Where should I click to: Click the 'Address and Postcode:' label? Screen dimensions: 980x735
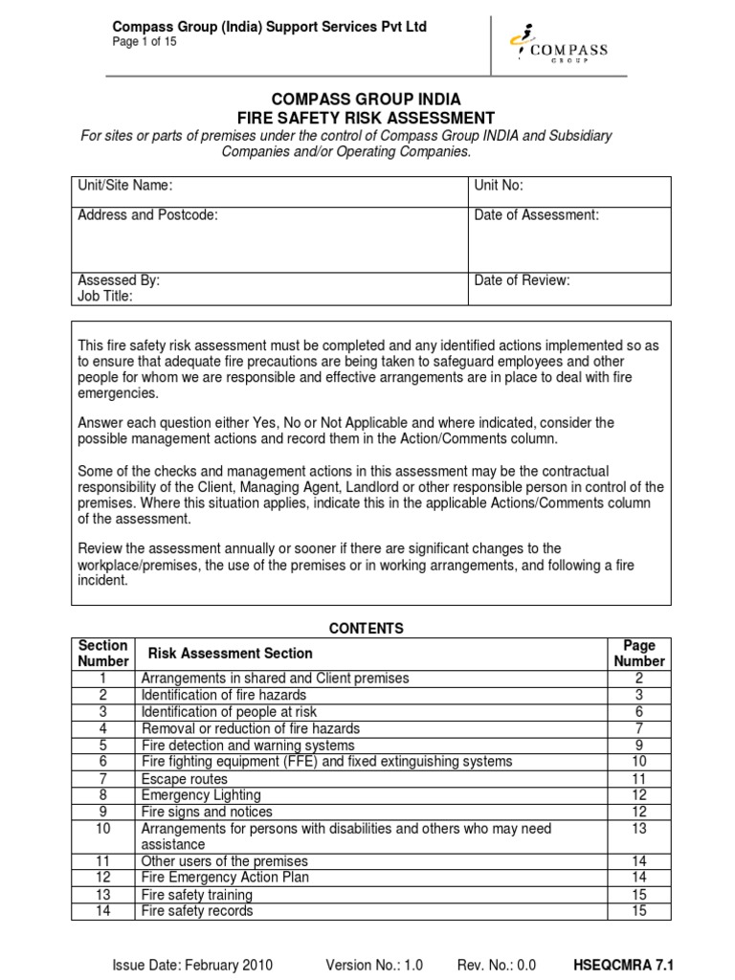pos(147,215)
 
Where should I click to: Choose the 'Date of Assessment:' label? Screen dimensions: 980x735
pos(536,215)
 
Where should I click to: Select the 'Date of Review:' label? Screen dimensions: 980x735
pos(522,280)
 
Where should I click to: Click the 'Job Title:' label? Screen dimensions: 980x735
pos(105,297)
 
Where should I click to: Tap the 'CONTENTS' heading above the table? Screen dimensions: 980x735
pos(367,629)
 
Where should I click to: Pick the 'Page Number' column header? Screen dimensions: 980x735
pos(638,654)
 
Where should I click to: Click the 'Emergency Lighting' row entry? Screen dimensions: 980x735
pos(201,795)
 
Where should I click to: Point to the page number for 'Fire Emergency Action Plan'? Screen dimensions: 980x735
pos(638,878)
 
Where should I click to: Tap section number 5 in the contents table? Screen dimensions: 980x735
pos(102,746)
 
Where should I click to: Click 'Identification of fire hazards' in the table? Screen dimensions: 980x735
pos(224,695)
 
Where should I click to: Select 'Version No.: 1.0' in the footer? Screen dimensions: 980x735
pos(374,965)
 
